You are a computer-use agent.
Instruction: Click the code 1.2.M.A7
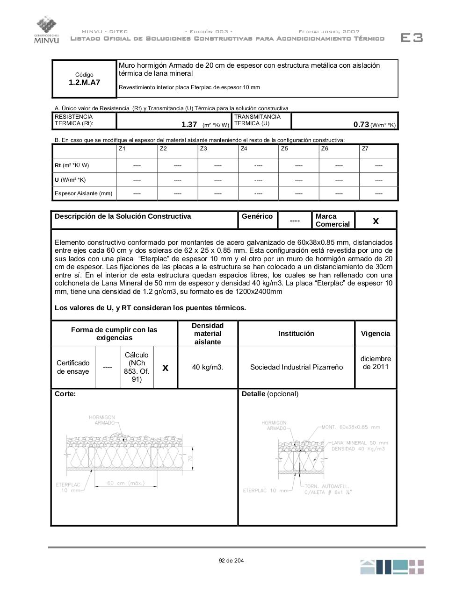coord(84,83)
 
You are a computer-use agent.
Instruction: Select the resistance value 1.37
coord(189,124)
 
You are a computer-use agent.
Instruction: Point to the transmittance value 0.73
coord(361,124)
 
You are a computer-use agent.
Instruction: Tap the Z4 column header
coord(244,149)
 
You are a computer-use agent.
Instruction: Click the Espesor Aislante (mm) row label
coord(84,193)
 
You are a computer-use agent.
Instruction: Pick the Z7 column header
coord(365,149)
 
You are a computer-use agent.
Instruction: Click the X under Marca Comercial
coord(376,221)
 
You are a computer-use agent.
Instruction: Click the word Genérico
coord(257,216)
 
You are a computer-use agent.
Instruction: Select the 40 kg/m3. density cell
coord(208,367)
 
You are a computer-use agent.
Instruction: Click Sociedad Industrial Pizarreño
coord(297,367)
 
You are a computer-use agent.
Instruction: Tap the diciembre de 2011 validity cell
coord(376,363)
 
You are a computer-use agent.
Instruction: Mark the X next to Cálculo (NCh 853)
coord(165,368)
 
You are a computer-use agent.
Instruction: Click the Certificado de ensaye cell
coord(73,367)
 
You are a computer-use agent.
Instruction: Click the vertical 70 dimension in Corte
coord(190,459)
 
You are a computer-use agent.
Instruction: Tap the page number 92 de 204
coord(231,561)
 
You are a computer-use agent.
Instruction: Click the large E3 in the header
coord(412,38)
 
